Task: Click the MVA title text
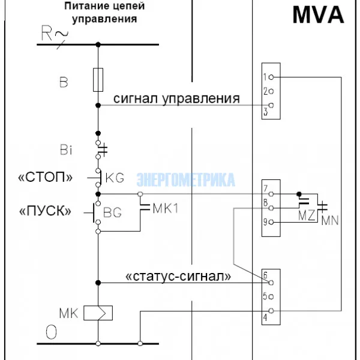(x=317, y=15)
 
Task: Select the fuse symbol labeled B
(x=98, y=80)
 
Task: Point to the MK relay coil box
(x=98, y=313)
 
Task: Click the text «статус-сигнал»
(x=178, y=277)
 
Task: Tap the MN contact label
(x=329, y=220)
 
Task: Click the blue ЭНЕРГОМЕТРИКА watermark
(x=186, y=179)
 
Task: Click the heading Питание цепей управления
(x=104, y=13)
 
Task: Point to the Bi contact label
(x=67, y=151)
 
